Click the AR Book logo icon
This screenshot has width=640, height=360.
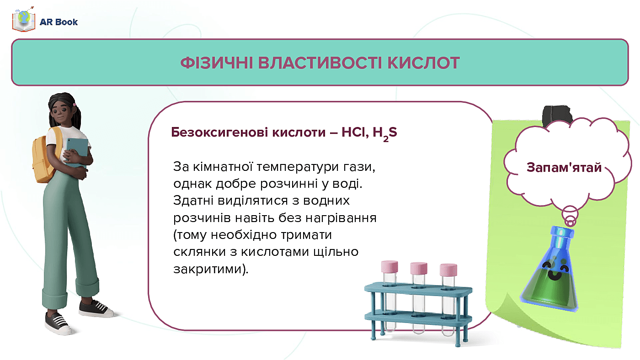coord(24,21)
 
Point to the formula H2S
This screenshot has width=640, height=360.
coord(384,133)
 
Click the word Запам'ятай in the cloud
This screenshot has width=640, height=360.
coord(564,167)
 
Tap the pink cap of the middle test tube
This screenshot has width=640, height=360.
coord(418,267)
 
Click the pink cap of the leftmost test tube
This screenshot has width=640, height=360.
coord(389,265)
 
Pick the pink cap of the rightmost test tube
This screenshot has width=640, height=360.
coord(448,269)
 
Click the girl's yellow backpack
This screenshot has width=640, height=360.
coord(45,155)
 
